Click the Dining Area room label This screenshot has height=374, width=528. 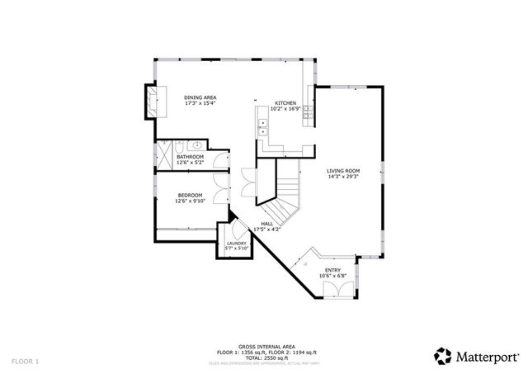click(199, 97)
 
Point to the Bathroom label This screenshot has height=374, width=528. click(190, 155)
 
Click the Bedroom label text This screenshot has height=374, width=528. click(189, 195)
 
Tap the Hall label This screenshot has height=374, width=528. click(267, 223)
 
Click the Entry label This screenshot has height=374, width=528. click(332, 270)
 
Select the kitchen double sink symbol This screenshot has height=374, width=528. click(265, 127)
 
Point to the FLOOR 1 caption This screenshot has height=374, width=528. click(25, 362)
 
